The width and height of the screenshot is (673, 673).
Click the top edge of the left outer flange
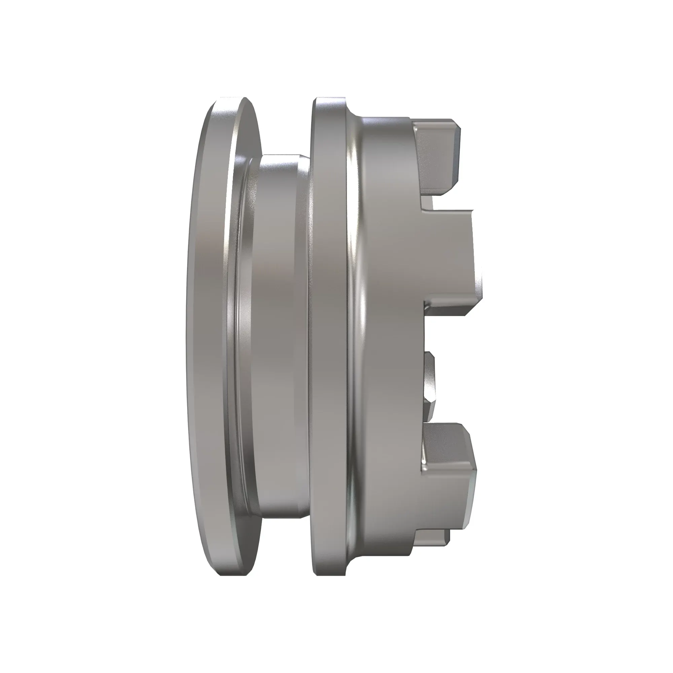tap(230, 99)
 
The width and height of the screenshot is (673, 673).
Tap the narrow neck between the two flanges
tap(279, 334)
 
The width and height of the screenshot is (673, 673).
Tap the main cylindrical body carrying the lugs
tap(390, 334)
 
